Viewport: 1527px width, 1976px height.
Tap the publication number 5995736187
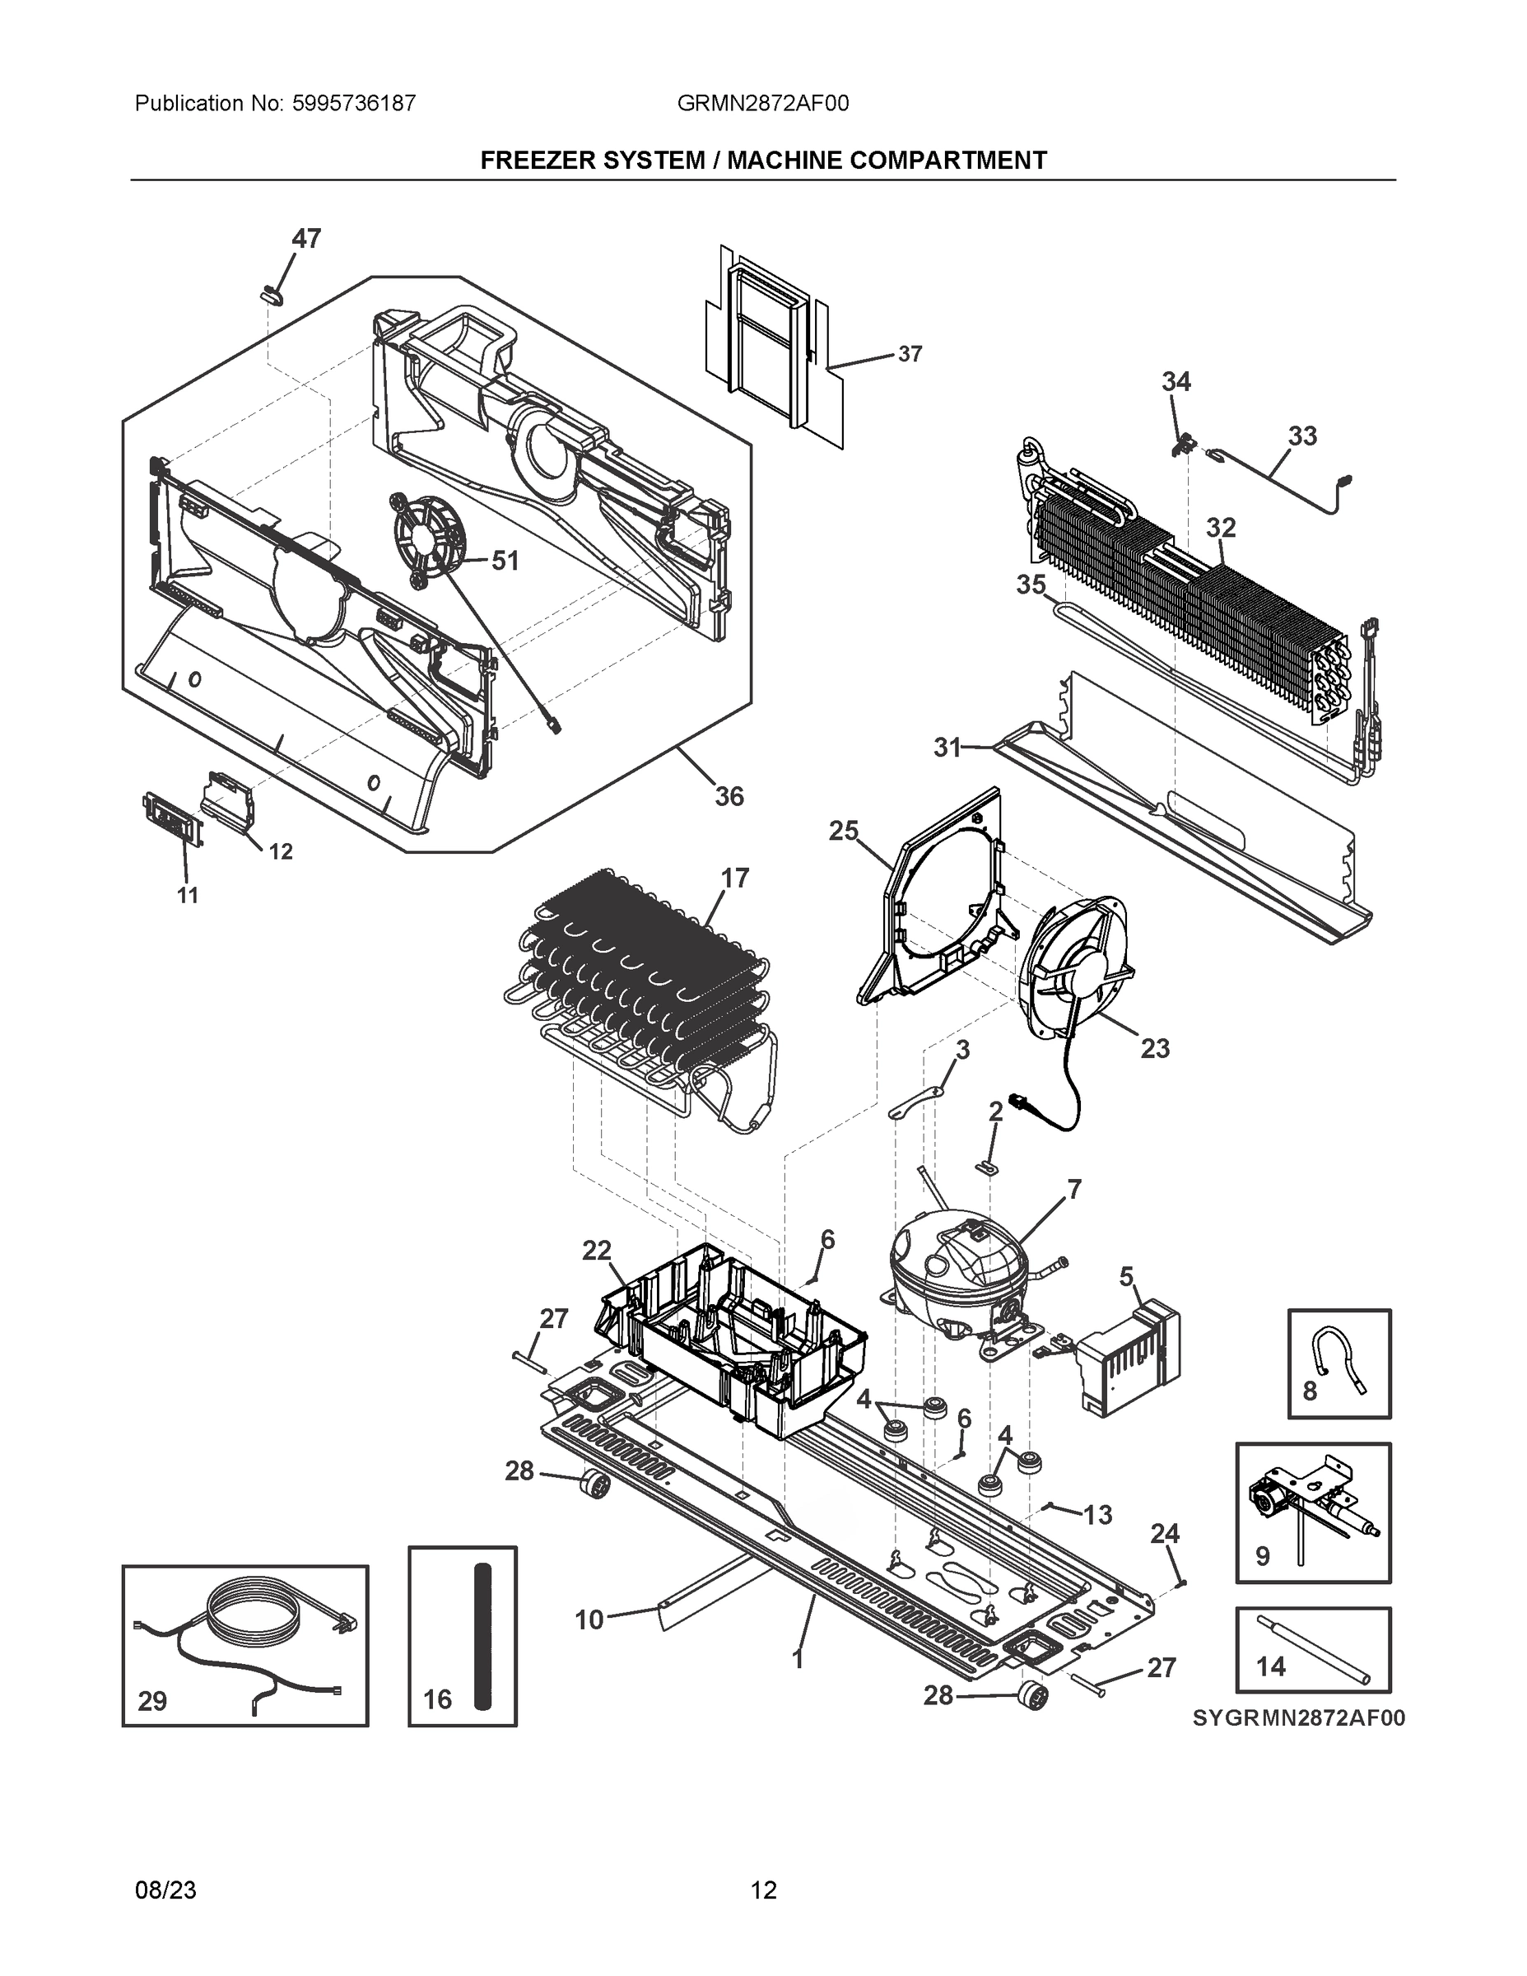tap(354, 103)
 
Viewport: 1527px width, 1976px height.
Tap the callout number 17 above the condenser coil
tap(734, 878)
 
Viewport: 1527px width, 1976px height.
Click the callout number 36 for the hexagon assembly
tap(729, 796)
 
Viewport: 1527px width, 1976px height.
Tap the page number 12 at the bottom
tap(764, 1890)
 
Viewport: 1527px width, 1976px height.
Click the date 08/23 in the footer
tap(165, 1890)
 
